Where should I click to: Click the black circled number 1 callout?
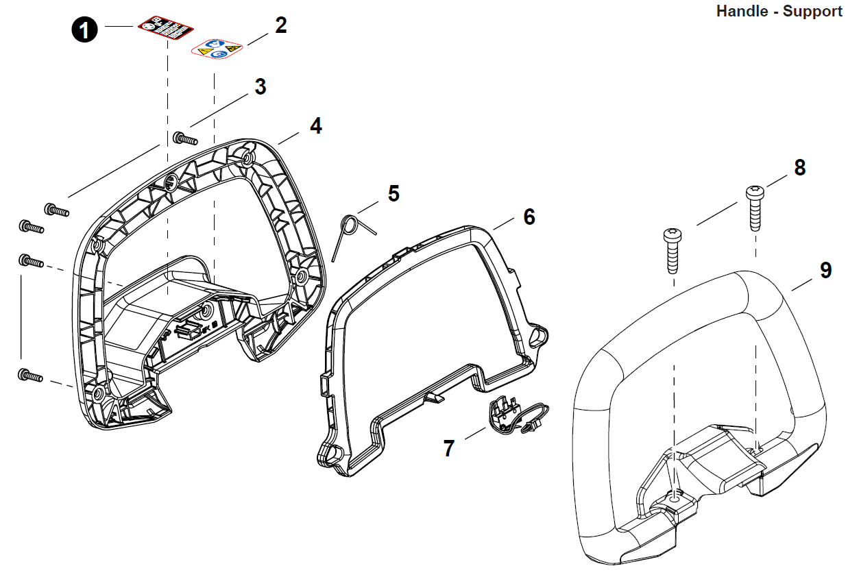85,30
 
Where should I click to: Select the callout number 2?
280,25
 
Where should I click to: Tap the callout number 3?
261,87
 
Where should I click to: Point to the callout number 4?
315,126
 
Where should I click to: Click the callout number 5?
393,193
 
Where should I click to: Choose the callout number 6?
529,217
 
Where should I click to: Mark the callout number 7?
448,449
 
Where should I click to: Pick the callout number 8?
799,168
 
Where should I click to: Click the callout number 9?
825,270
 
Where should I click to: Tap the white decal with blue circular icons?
217,49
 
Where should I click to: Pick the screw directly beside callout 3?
184,139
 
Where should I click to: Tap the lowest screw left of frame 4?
30,376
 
